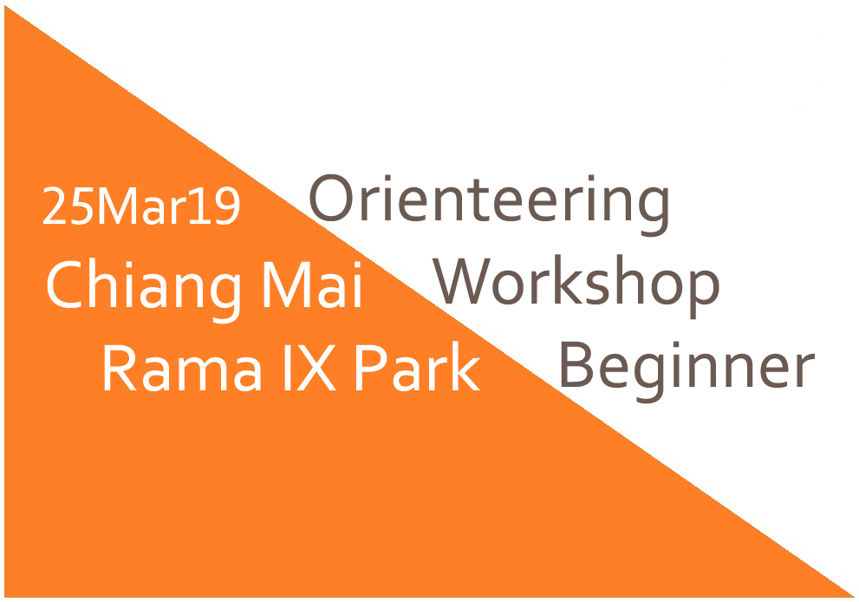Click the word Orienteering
pyautogui.click(x=489, y=205)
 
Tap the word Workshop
pyautogui.click(x=576, y=286)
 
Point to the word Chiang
pyautogui.click(x=144, y=291)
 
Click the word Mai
pyautogui.click(x=313, y=285)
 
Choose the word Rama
pyautogui.click(x=181, y=367)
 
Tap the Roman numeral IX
pyautogui.click(x=309, y=367)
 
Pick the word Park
pyautogui.click(x=418, y=366)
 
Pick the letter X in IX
pyautogui.click(x=316, y=367)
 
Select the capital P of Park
pyautogui.click(x=372, y=367)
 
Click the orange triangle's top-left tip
pyautogui.click(x=5, y=5)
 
